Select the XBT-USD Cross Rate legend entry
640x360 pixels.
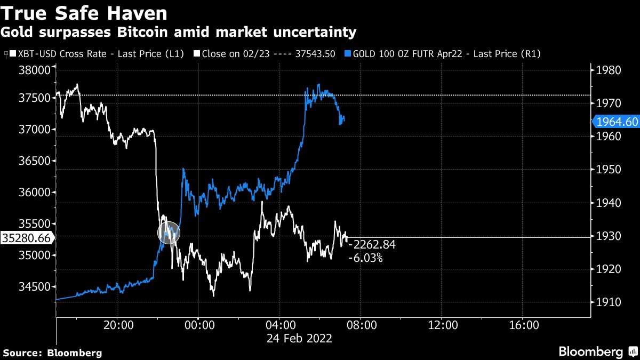96,54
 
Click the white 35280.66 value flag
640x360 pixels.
26,238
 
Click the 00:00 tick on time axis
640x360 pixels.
198,325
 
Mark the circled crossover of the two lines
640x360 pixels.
169,233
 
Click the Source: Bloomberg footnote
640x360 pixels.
52,353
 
